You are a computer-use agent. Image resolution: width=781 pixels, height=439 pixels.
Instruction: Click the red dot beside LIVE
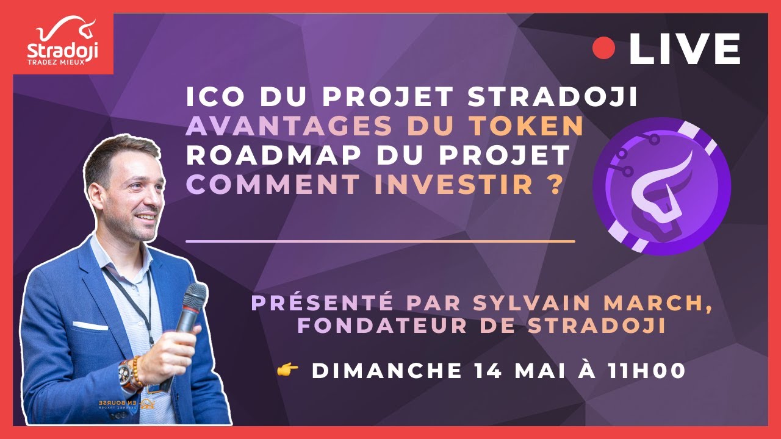603,48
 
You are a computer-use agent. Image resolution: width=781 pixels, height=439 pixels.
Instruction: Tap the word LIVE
685,48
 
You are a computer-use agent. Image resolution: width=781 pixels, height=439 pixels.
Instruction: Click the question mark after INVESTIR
553,184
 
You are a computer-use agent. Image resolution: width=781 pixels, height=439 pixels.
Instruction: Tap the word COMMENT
273,184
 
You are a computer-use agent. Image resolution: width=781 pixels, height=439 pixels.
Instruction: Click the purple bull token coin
661,187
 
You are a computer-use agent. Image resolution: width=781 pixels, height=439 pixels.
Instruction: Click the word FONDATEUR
382,326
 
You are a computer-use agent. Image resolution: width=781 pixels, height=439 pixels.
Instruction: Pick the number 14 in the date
488,370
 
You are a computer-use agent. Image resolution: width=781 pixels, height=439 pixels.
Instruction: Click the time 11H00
647,370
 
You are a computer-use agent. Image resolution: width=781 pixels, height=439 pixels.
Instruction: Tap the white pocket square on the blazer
90,326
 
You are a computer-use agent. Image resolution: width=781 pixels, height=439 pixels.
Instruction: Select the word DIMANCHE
387,370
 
